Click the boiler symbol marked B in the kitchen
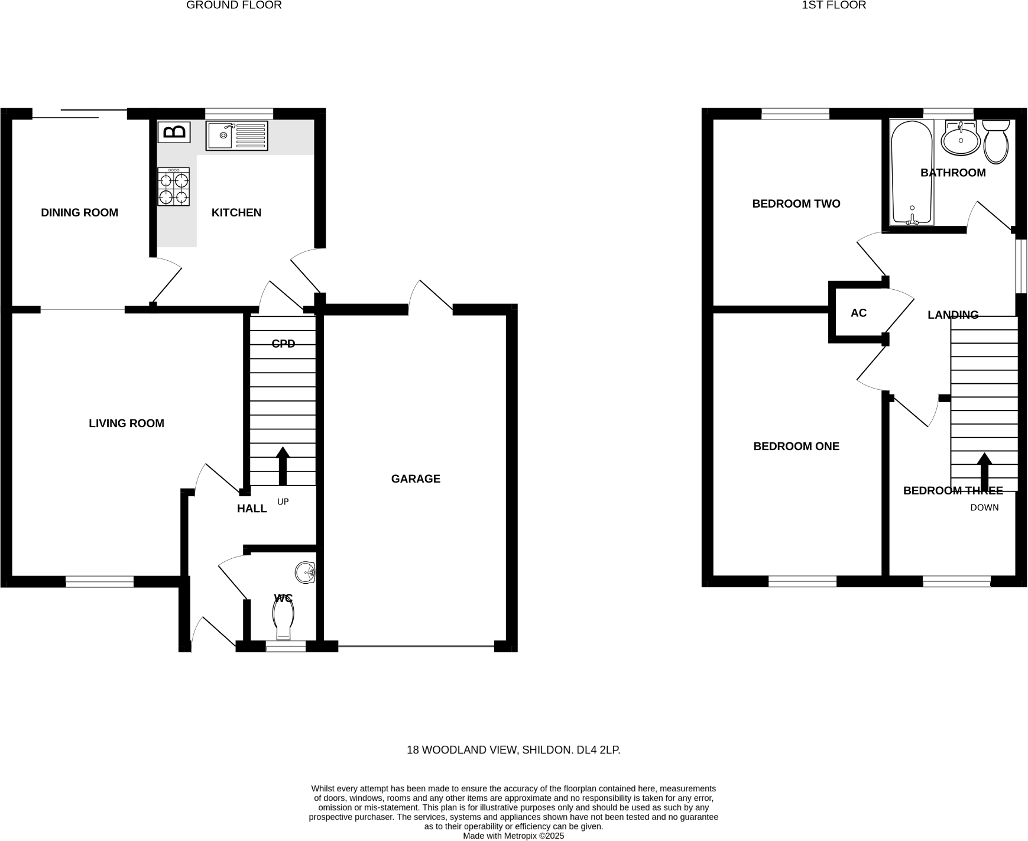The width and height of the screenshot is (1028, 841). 174,132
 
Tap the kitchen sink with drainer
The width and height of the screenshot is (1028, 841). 236,135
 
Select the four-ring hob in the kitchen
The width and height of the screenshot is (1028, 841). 173,187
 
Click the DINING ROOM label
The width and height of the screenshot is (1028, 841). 79,212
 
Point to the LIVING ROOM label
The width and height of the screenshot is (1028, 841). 126,423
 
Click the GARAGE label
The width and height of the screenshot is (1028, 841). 416,478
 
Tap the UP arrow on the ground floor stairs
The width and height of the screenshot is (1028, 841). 283,465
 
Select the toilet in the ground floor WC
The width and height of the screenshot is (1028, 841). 284,617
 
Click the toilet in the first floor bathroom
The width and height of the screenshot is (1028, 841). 996,142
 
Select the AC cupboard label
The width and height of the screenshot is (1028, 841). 858,313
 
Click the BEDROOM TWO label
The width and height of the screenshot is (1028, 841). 796,203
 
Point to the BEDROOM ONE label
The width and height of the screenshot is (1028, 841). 796,446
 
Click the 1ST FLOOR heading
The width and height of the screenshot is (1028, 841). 834,5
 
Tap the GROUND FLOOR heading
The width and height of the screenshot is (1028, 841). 234,5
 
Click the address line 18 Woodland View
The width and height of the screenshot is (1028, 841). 513,750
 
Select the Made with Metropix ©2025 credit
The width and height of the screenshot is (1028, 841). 513,836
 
